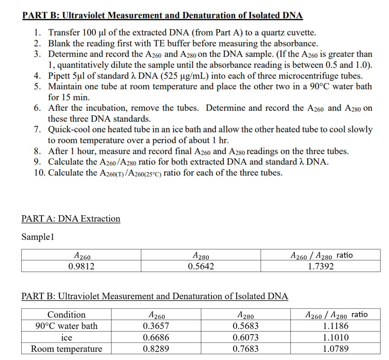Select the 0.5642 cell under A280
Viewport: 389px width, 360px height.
tap(201, 266)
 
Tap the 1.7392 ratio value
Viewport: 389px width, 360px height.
tap(321, 266)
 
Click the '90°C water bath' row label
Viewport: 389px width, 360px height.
tap(66, 326)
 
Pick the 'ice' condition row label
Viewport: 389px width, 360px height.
tap(66, 337)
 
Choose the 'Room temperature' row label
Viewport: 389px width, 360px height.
tap(66, 349)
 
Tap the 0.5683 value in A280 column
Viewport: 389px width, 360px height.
tap(246, 326)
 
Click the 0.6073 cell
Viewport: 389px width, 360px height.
tap(246, 337)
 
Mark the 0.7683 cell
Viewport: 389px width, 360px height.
tap(246, 349)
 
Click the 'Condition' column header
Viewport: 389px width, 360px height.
tap(66, 315)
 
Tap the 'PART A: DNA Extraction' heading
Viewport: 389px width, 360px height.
tap(71, 219)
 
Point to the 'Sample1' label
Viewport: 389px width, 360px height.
tap(38, 237)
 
